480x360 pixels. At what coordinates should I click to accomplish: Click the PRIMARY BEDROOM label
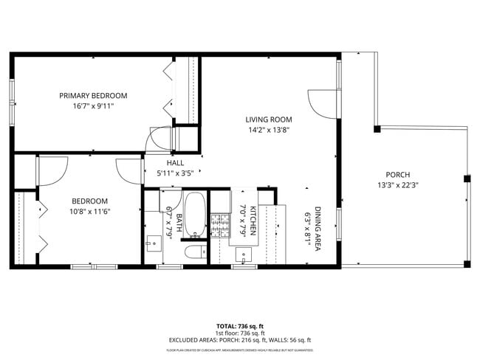point(93,95)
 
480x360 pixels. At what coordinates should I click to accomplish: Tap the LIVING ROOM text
point(269,119)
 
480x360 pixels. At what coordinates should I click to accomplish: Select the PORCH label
point(397,175)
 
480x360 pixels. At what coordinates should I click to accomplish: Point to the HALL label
point(175,163)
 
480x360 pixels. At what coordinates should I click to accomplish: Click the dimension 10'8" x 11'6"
point(90,211)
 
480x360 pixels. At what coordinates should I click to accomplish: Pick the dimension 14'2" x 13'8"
point(269,130)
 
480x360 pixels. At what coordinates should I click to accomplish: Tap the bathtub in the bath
point(195,215)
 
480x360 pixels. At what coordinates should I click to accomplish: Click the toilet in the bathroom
point(195,253)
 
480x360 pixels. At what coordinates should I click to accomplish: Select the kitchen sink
point(244,255)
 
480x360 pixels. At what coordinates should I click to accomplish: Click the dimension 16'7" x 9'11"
point(93,106)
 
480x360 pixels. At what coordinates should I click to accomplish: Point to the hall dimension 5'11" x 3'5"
point(175,173)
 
